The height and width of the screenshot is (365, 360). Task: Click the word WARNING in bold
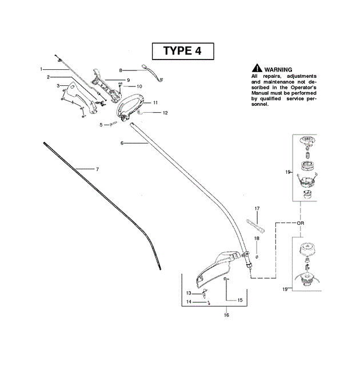click(278, 69)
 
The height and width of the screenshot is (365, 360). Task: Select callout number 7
click(97, 169)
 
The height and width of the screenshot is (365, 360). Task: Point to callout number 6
click(122, 143)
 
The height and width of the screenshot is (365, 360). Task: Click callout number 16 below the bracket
click(227, 315)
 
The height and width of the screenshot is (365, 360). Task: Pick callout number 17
click(257, 208)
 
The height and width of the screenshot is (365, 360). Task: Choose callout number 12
click(165, 113)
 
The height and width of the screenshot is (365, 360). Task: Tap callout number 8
click(121, 70)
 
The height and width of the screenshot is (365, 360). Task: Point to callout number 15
click(239, 300)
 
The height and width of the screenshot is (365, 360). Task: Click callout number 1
click(42, 69)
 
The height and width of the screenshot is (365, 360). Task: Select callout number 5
click(101, 124)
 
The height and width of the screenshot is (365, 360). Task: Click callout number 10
click(139, 86)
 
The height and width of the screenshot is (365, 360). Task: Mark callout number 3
click(58, 85)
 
